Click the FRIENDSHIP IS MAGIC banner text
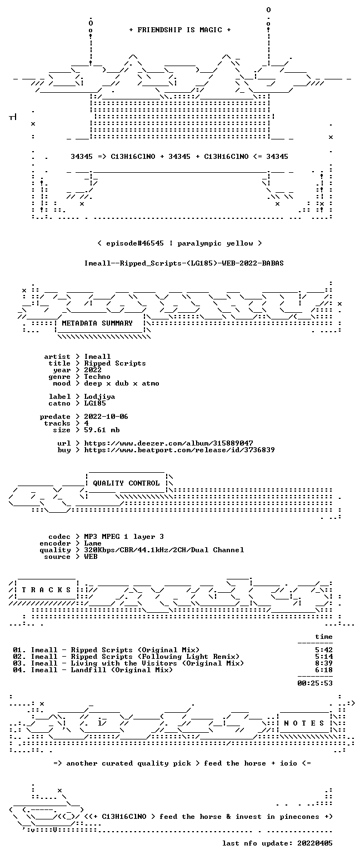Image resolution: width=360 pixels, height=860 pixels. tap(180, 29)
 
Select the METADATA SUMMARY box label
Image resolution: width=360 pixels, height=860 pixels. tap(97, 323)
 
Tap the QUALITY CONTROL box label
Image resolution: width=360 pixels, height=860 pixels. tap(126, 483)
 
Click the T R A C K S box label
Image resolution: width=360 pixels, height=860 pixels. tap(47, 589)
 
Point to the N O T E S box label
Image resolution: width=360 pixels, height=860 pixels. tap(304, 723)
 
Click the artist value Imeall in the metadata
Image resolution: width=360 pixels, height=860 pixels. tap(97, 357)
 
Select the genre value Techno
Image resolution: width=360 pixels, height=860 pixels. tap(97, 377)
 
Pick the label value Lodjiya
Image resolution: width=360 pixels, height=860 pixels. tap(100, 397)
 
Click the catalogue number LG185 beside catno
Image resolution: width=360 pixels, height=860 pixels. tap(95, 403)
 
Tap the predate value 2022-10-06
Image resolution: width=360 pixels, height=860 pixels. tap(106, 417)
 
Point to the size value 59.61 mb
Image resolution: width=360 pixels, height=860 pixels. tap(102, 430)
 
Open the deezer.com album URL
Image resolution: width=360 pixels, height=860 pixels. tap(168, 443)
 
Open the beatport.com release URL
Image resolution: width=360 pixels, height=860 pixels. tap(179, 450)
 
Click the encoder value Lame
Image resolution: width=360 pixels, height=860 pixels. tap(93, 543)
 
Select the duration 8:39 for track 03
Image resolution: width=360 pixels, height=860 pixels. tap(324, 663)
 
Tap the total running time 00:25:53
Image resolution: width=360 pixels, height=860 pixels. tap(315, 683)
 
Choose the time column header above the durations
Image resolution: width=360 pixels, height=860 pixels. tap(324, 637)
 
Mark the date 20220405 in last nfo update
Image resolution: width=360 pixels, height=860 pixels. tap(315, 843)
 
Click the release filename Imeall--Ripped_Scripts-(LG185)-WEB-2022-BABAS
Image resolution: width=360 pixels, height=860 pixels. tap(184, 263)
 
